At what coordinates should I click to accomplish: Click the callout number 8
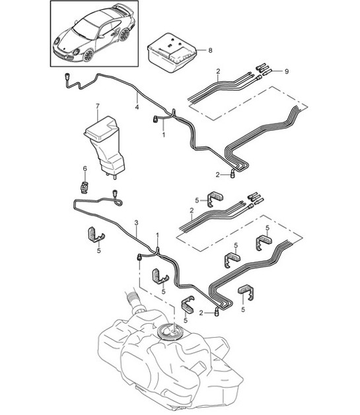(210, 50)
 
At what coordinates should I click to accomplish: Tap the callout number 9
(286, 71)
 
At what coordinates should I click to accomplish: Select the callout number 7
(97, 106)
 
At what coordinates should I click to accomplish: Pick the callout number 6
(85, 169)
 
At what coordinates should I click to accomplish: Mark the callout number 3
(136, 223)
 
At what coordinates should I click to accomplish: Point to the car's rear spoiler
(121, 10)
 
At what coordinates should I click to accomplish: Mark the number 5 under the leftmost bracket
(99, 250)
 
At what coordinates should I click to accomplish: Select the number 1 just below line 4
(163, 133)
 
